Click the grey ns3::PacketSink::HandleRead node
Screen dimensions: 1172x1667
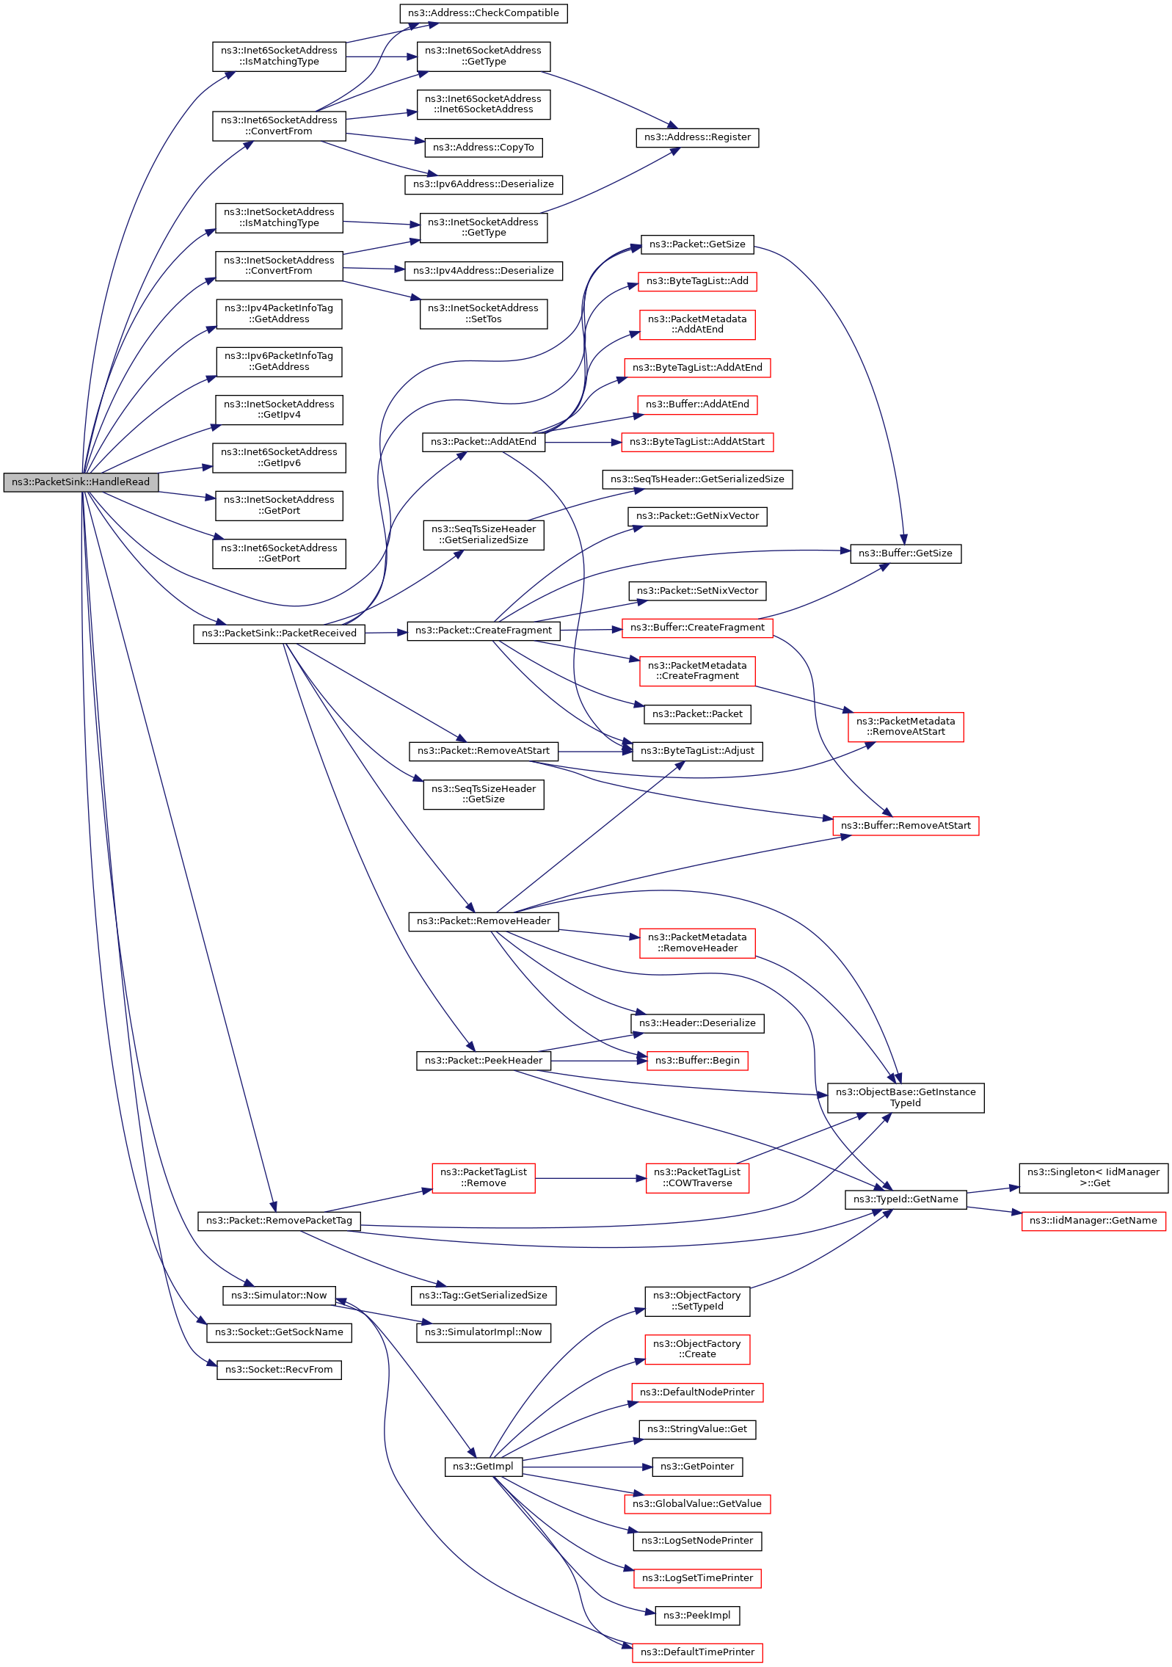click(81, 482)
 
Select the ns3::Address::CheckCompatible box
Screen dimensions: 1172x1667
click(483, 13)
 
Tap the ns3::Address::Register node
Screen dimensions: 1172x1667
click(697, 137)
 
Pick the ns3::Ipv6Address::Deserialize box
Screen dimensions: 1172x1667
click(483, 184)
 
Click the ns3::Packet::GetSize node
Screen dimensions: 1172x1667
click(697, 244)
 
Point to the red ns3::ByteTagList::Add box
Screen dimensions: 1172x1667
click(697, 281)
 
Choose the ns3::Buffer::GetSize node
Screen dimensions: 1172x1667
click(906, 553)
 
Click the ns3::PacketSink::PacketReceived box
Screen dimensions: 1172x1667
click(279, 633)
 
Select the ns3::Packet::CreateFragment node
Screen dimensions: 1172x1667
click(483, 631)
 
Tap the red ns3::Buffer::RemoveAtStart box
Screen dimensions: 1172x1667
click(906, 826)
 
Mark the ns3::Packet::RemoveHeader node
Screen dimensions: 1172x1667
click(483, 921)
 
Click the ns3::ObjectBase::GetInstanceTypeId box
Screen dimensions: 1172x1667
click(906, 1097)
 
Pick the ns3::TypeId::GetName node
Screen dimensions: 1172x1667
click(906, 1199)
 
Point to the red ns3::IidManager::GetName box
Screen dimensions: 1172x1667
click(1093, 1221)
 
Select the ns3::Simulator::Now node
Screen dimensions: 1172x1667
click(279, 1296)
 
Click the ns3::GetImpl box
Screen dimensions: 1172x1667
click(483, 1467)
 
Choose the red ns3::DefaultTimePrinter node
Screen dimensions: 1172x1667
click(697, 1652)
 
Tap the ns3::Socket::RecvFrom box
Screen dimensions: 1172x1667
click(279, 1370)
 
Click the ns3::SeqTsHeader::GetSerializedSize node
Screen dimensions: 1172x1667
click(697, 479)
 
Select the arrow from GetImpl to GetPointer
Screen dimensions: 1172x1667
click(587, 1467)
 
